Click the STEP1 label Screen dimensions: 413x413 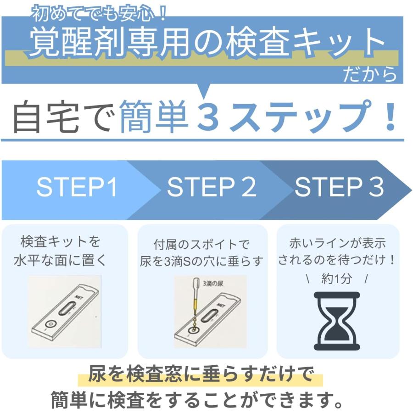[77, 188]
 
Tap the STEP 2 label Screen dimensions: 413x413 [212, 188]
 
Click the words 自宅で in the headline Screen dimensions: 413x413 [61, 117]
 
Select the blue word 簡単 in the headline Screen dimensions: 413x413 [154, 117]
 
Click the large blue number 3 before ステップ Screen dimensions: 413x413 [211, 117]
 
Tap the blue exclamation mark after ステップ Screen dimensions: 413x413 [390, 117]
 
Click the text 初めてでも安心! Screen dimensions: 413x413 [99, 15]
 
